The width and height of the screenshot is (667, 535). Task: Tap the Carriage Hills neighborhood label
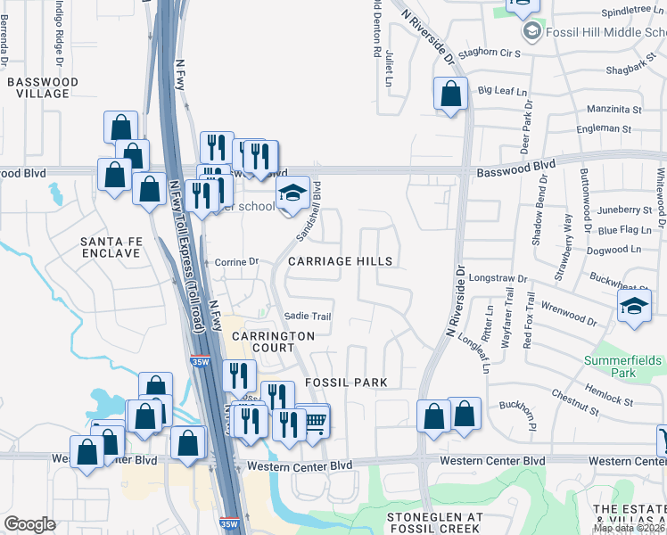click(x=340, y=261)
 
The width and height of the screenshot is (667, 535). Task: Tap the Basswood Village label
click(x=42, y=87)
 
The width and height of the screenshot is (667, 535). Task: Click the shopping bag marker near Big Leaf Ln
click(x=451, y=94)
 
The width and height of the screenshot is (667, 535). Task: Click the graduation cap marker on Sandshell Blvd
click(x=292, y=192)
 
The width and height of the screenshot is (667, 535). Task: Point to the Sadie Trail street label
click(x=308, y=317)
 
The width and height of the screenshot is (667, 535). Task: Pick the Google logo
click(x=29, y=523)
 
